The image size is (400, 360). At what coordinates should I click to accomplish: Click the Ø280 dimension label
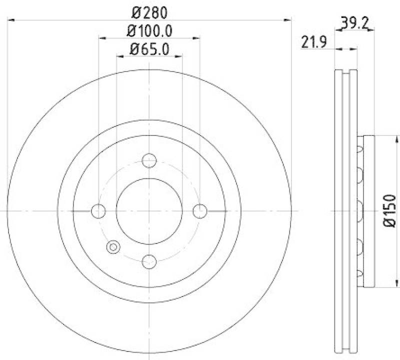tap(149, 10)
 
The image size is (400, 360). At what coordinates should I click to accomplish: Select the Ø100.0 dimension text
tap(149, 30)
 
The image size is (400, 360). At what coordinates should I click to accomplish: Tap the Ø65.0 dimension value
tap(149, 49)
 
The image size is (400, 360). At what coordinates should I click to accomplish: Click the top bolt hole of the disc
tap(149, 161)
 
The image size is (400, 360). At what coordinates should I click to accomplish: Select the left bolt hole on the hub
tap(99, 211)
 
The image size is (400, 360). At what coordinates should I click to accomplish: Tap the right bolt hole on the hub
tap(200, 211)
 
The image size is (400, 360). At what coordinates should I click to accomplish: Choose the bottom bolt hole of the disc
tap(149, 261)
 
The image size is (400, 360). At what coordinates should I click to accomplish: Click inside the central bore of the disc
tap(149, 211)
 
